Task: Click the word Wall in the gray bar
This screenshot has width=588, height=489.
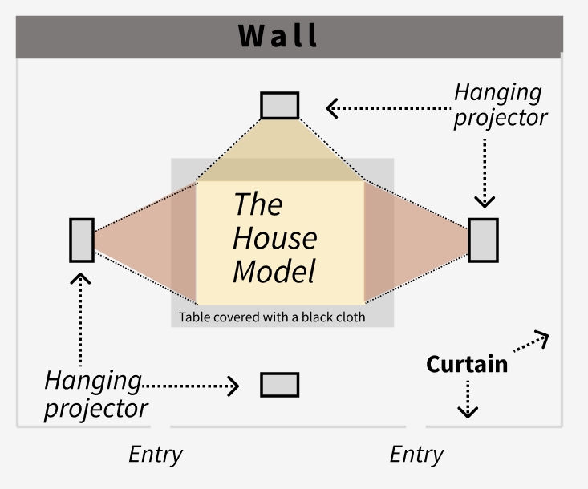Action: [278, 36]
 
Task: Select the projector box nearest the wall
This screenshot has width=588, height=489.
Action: [280, 106]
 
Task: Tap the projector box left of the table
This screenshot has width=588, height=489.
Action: [82, 240]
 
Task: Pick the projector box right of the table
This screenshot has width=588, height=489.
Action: [483, 240]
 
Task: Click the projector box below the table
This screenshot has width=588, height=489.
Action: [280, 385]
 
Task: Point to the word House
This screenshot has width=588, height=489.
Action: [274, 238]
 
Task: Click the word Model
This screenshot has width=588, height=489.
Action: [274, 271]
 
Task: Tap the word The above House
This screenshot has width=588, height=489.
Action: [258, 204]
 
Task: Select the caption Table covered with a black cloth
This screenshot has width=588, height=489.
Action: [272, 317]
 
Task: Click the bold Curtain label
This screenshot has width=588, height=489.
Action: [466, 364]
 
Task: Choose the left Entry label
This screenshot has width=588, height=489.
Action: [156, 455]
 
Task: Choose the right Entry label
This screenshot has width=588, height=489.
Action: [416, 455]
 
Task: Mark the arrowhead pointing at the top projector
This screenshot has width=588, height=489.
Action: [331, 107]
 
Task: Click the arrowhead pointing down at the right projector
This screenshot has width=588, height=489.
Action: [483, 202]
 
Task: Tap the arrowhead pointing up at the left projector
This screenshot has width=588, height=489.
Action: [81, 278]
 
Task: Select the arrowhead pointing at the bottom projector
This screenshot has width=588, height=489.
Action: [233, 386]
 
